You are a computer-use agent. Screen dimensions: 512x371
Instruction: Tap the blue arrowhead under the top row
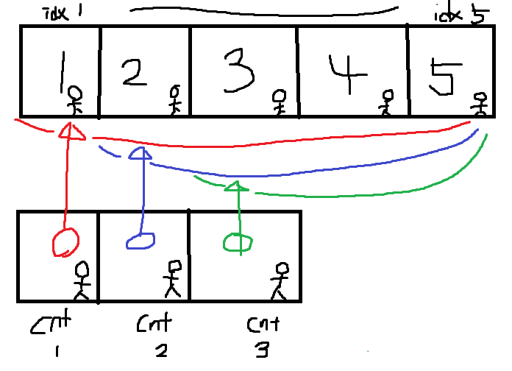[140, 154]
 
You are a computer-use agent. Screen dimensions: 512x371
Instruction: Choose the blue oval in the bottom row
[141, 240]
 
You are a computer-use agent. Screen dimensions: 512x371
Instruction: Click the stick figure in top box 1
[75, 101]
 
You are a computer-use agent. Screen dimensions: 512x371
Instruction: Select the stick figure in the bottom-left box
[82, 280]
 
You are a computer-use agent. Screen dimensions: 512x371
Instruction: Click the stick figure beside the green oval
[280, 281]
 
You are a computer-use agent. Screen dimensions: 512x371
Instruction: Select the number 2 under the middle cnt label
[160, 350]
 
